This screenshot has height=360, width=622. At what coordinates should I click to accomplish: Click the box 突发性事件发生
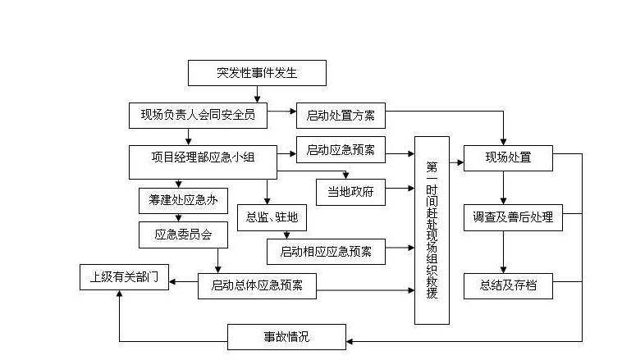click(257, 74)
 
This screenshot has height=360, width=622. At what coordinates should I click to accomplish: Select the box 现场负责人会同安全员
click(199, 115)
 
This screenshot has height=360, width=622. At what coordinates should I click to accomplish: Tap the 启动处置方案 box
click(341, 116)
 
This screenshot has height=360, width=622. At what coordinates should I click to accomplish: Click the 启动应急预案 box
click(341, 150)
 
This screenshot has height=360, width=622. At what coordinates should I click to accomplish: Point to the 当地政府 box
click(350, 190)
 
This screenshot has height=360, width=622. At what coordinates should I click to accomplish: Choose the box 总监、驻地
click(268, 218)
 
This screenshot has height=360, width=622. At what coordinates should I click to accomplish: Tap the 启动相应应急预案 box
click(326, 251)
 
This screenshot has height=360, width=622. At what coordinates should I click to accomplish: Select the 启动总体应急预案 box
click(257, 285)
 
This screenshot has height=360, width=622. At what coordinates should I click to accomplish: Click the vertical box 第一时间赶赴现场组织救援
click(432, 230)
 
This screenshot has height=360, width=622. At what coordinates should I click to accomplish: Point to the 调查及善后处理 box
click(508, 218)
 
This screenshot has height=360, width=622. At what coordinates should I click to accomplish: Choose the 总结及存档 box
click(508, 286)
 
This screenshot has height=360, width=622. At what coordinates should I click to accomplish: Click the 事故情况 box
click(286, 336)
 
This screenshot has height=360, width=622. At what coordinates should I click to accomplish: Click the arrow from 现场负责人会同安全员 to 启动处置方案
click(282, 112)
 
